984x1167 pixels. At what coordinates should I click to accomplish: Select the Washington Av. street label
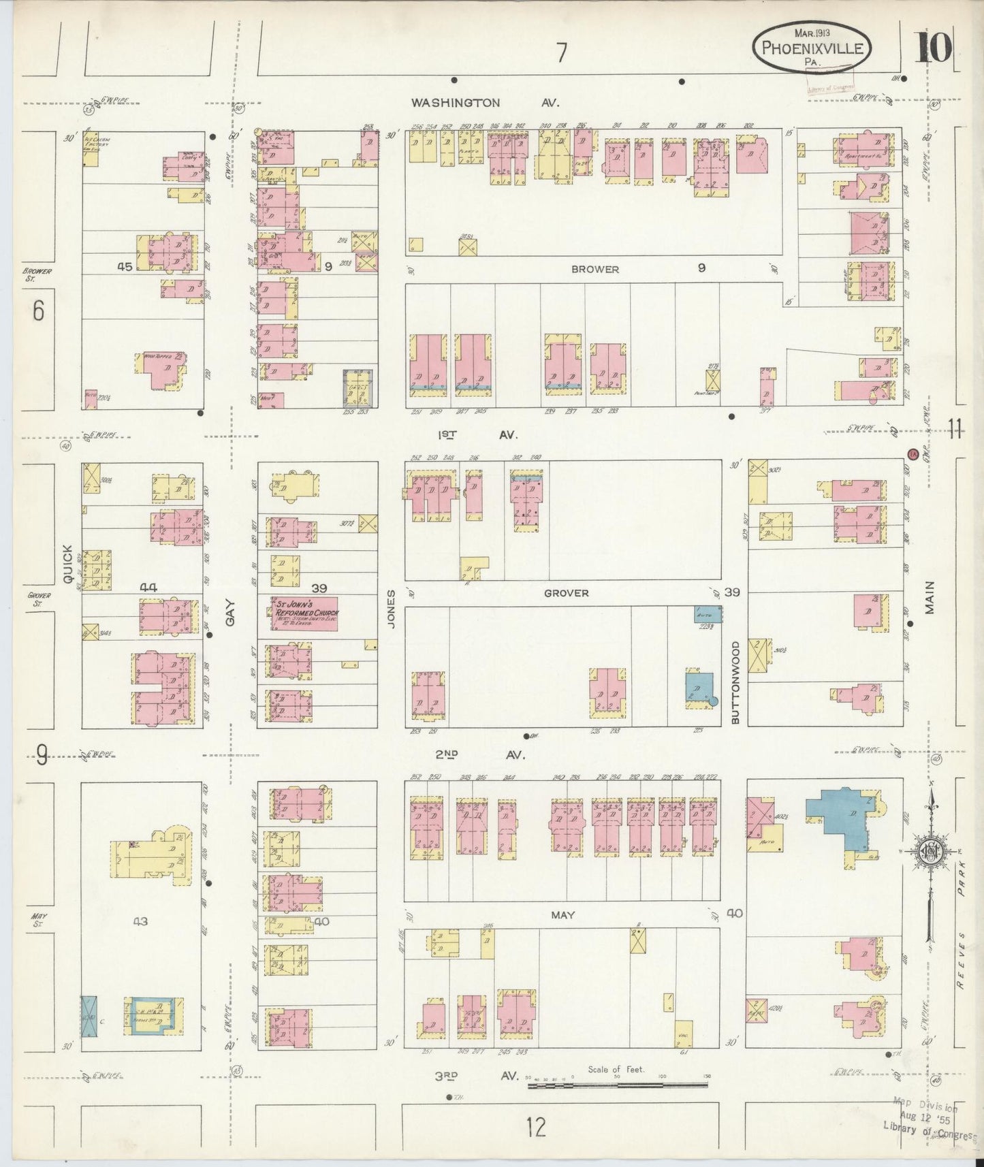point(485,103)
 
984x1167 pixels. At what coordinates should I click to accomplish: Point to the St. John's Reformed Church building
point(304,613)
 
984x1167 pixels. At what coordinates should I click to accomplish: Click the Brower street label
point(595,269)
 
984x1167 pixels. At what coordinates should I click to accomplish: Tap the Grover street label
point(566,593)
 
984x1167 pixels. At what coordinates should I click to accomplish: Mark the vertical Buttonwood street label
point(735,682)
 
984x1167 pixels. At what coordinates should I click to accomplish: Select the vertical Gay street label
point(229,612)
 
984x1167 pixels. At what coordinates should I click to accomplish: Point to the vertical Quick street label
point(67,563)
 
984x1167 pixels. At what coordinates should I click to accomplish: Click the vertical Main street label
point(930,598)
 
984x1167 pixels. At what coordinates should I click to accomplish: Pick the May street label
point(562,915)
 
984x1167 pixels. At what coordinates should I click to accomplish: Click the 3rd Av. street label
point(469,1076)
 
